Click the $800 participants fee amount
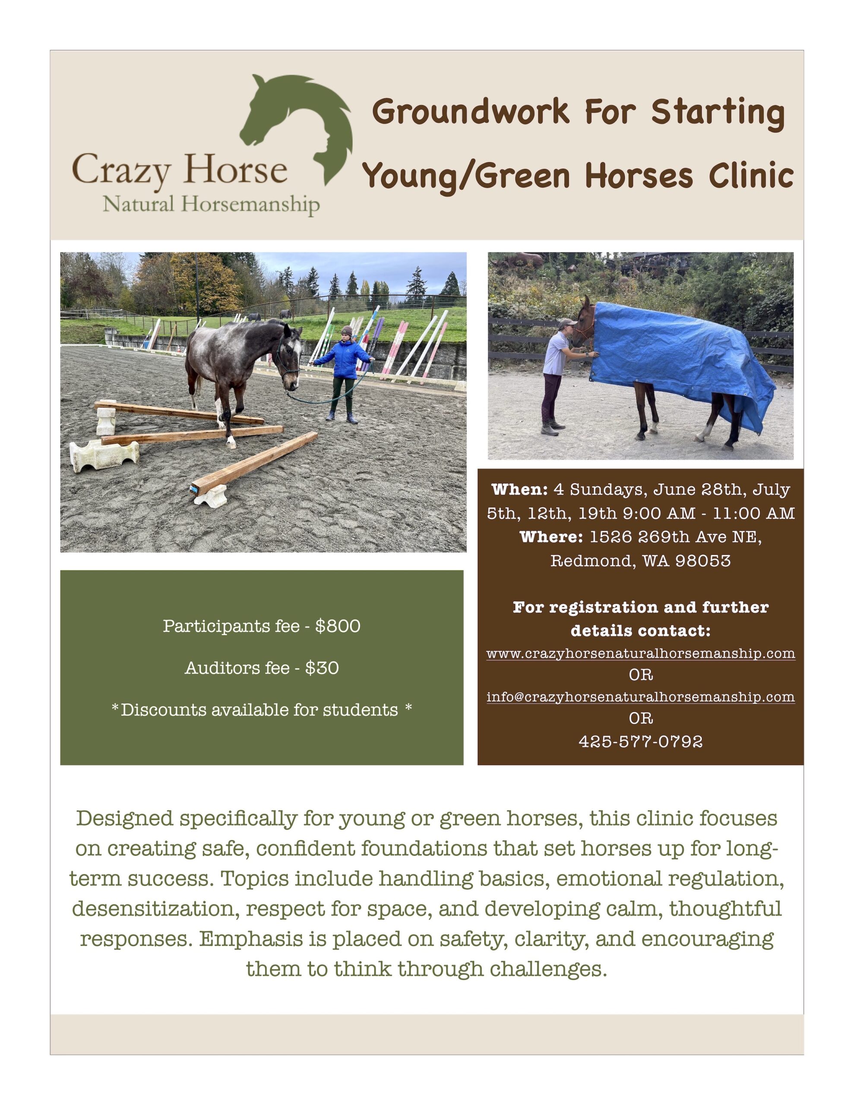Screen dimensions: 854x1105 [x=338, y=626]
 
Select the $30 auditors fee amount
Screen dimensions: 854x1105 [x=322, y=668]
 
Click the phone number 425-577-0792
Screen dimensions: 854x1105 [x=640, y=742]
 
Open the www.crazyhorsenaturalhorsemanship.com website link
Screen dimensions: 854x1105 [x=640, y=653]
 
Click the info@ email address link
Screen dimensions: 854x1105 [x=640, y=697]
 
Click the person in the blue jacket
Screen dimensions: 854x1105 [x=344, y=374]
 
